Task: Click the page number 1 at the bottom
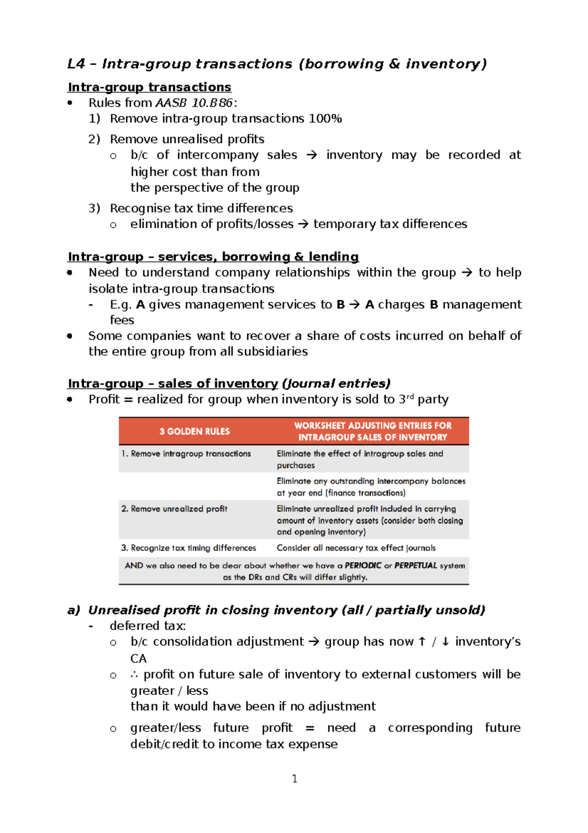click(294, 779)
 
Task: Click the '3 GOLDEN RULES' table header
click(194, 431)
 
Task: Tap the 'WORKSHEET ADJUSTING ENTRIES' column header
click(372, 431)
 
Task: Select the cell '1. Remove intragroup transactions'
click(186, 454)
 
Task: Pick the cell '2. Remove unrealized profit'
click(174, 509)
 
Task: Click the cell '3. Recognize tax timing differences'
click(189, 548)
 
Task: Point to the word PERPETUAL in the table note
click(416, 565)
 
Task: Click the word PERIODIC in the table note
click(363, 565)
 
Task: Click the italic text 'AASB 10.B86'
click(194, 103)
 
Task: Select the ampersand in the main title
click(394, 64)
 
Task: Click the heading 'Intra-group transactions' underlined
click(149, 87)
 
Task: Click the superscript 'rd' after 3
click(411, 396)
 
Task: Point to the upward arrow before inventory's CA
click(422, 642)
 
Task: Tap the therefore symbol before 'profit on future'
click(134, 675)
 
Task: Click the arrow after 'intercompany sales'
click(312, 156)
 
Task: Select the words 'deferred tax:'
click(147, 626)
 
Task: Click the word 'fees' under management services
click(122, 320)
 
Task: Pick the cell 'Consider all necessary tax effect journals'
click(356, 548)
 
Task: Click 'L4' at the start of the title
click(76, 64)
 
